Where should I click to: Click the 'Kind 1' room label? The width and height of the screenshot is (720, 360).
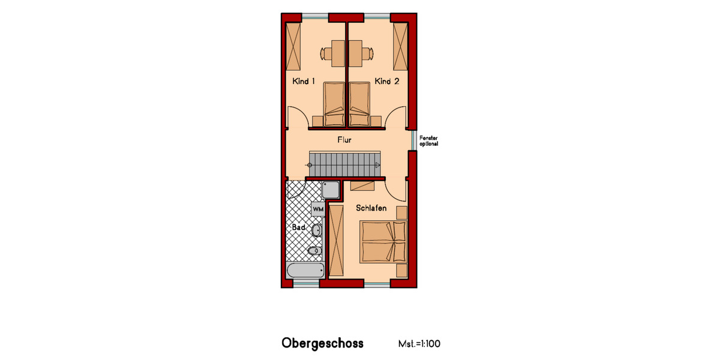[304, 81]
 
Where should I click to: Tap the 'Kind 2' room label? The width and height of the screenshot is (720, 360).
[387, 81]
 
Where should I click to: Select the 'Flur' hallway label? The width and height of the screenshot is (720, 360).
[344, 140]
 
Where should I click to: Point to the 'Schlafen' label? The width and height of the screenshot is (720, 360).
[371, 208]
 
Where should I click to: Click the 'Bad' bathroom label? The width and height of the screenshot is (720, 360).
[298, 228]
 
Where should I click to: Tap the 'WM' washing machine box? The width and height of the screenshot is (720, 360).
[318, 208]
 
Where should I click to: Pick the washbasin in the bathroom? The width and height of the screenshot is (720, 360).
[317, 230]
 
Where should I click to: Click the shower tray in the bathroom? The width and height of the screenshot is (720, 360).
[331, 190]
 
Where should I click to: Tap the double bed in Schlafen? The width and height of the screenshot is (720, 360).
[383, 242]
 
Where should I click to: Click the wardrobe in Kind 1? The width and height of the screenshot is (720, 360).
[294, 46]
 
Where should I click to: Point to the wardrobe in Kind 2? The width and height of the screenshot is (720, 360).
[400, 46]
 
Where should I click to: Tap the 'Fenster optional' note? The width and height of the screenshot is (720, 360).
[428, 141]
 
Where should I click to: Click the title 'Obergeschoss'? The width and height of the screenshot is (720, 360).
[322, 344]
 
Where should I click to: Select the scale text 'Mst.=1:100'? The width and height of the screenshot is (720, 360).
[419, 344]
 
